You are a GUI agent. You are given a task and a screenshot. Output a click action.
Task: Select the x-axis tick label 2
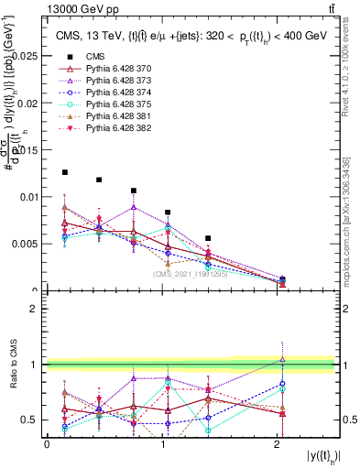tap(278, 445)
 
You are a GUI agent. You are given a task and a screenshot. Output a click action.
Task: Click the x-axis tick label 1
tap(162, 445)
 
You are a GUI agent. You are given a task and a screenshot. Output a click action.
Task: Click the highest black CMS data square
tap(65, 172)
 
